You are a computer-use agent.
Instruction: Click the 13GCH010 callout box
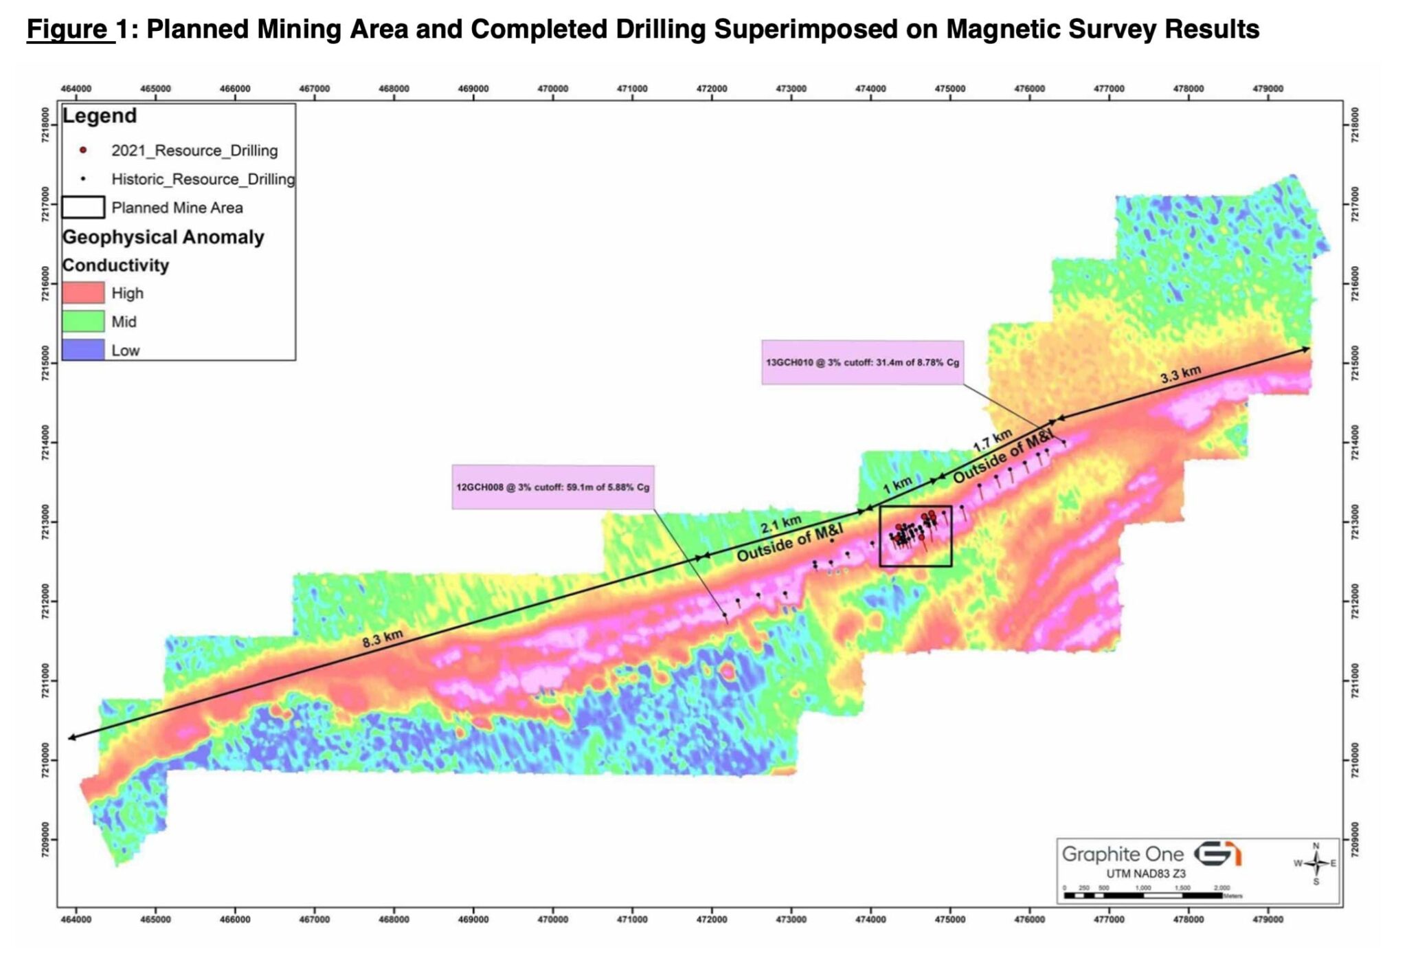pos(862,362)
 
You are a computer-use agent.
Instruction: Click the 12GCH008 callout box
pos(552,487)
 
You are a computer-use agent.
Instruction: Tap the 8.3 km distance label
pos(383,639)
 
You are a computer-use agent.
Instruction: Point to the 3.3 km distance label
pos(1180,375)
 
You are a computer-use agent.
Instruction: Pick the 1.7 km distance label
pos(992,440)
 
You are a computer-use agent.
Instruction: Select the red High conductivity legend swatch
pos(83,293)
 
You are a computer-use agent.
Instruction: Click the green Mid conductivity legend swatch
pos(83,322)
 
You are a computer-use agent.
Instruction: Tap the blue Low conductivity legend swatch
pos(83,349)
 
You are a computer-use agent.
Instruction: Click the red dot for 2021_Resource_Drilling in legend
pos(83,151)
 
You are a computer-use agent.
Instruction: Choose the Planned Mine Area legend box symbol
pos(83,207)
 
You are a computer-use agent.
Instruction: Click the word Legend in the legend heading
pos(100,115)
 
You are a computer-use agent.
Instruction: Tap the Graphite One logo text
pos(1123,854)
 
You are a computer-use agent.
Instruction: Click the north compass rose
pos(1316,863)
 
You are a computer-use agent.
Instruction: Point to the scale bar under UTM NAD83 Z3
pos(1144,896)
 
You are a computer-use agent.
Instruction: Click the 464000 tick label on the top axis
pos(76,89)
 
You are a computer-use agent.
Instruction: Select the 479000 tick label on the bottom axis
pos(1268,920)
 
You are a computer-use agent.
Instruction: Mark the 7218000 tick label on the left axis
pos(45,125)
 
